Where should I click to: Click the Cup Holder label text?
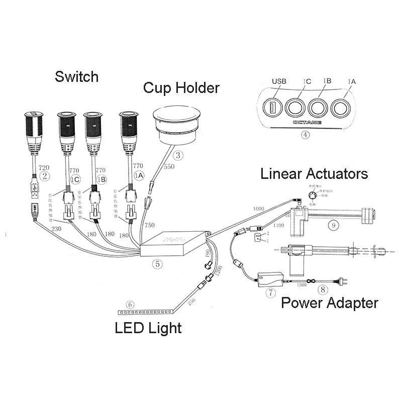point(181,88)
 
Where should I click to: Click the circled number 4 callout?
point(306,135)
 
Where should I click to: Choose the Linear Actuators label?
point(314,174)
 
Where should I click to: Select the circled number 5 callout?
point(157,262)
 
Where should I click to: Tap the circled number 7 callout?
point(271,292)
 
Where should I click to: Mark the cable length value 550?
point(169,166)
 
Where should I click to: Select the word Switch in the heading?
point(76,77)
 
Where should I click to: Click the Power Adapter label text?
point(329,303)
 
